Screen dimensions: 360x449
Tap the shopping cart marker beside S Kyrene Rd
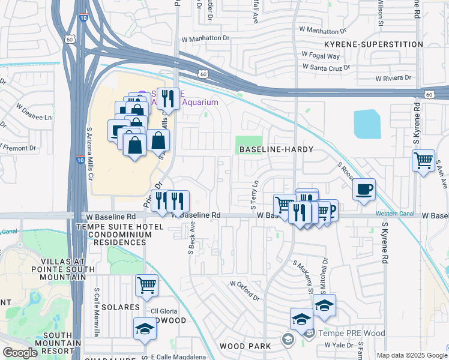[423, 160]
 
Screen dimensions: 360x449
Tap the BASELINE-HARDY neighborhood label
[268, 148]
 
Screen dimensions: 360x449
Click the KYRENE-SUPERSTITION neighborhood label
[369, 44]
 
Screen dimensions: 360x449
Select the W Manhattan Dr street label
[206, 38]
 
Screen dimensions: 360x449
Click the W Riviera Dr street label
[393, 78]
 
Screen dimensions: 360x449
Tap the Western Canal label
[394, 214]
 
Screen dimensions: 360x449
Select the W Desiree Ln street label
[34, 113]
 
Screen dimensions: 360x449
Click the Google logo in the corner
[20, 353]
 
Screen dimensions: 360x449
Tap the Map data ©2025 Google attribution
[412, 355]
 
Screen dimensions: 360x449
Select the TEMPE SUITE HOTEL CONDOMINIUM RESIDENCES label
[111, 234]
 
